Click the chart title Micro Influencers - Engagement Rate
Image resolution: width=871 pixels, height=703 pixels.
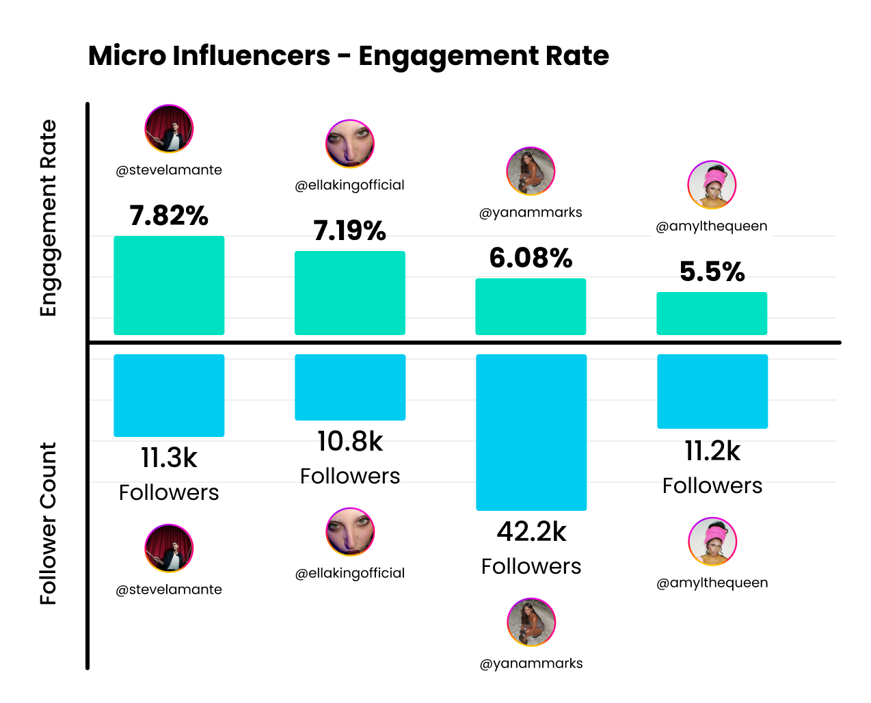pyautogui.click(x=348, y=56)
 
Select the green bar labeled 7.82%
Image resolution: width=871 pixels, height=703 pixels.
pyautogui.click(x=169, y=285)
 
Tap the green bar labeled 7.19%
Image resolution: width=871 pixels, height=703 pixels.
pyautogui.click(x=349, y=293)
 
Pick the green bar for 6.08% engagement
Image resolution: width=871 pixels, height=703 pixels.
pyautogui.click(x=531, y=306)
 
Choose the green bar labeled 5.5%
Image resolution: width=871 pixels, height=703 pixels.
pyautogui.click(x=712, y=313)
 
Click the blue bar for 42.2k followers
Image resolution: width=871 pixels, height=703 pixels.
pyautogui.click(x=531, y=432)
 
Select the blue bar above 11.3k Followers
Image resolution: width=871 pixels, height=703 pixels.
pyautogui.click(x=169, y=395)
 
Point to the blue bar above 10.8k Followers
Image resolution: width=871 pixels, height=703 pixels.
pyautogui.click(x=349, y=387)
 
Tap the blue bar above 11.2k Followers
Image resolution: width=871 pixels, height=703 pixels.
pyautogui.click(x=712, y=391)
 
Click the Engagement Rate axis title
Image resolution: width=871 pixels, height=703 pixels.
pyautogui.click(x=48, y=218)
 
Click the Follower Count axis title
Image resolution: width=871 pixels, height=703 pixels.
pyautogui.click(x=48, y=523)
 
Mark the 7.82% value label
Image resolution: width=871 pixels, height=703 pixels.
pyautogui.click(x=169, y=216)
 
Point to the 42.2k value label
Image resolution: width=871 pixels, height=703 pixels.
pyautogui.click(x=531, y=532)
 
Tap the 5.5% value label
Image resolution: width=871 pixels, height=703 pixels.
pyautogui.click(x=712, y=272)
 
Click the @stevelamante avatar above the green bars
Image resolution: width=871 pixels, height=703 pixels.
pyautogui.click(x=169, y=129)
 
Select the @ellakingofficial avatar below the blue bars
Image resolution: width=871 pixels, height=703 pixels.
pyautogui.click(x=350, y=532)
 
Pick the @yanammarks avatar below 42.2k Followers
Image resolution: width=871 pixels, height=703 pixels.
pyautogui.click(x=531, y=622)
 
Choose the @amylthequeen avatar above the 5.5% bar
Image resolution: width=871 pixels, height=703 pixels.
pyautogui.click(x=712, y=185)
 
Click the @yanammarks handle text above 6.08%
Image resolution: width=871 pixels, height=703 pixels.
pyautogui.click(x=531, y=213)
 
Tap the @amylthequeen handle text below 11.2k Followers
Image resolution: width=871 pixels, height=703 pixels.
pyautogui.click(x=712, y=583)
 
